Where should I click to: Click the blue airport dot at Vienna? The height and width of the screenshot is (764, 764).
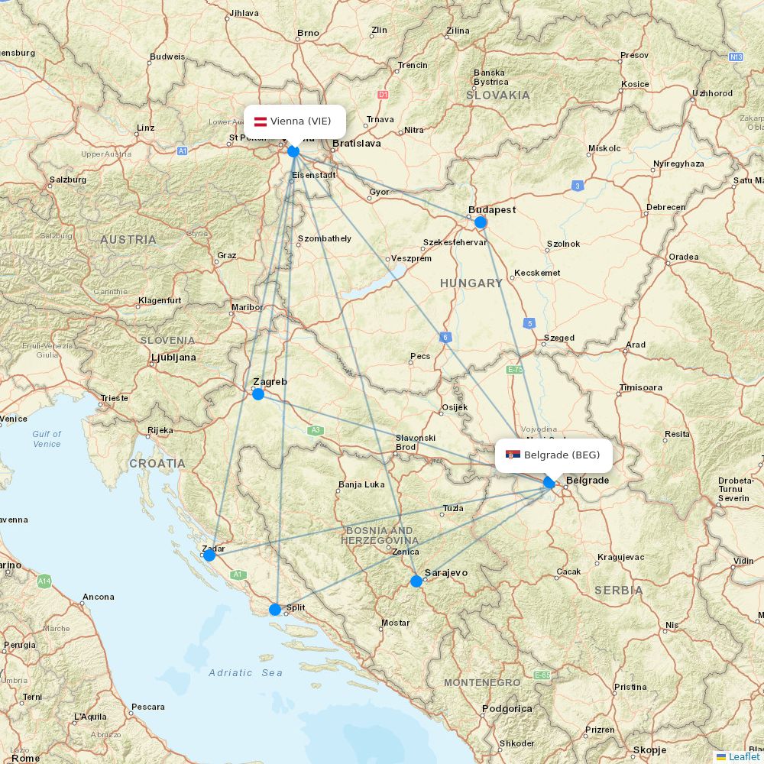click(x=293, y=151)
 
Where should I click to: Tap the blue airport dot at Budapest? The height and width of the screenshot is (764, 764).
click(x=480, y=222)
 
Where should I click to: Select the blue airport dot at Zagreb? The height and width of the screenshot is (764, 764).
click(x=258, y=394)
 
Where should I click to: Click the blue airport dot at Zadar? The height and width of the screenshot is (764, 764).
click(x=209, y=555)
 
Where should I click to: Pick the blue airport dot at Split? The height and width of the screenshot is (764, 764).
click(x=275, y=610)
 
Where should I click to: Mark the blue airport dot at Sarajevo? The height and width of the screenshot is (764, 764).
click(x=416, y=581)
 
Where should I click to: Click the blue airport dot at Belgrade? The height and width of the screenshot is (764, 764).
click(x=549, y=483)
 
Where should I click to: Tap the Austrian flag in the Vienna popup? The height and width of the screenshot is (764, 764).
click(x=260, y=121)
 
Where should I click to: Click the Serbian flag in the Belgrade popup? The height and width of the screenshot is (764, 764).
click(x=513, y=455)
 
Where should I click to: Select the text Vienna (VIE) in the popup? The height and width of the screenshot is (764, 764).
click(x=300, y=121)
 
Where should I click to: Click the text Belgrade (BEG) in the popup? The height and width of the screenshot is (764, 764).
click(x=562, y=455)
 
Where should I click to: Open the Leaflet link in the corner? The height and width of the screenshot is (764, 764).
click(x=743, y=756)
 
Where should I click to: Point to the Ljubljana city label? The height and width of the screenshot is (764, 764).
click(x=173, y=357)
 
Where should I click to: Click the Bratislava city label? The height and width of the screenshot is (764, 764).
click(x=357, y=143)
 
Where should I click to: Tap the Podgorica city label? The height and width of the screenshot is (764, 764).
click(x=507, y=709)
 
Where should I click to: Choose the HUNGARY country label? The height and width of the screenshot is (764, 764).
click(x=471, y=283)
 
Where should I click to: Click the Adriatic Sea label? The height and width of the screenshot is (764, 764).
click(x=245, y=673)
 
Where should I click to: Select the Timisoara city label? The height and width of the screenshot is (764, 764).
click(x=641, y=387)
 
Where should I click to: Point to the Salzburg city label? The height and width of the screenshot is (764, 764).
click(x=67, y=180)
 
